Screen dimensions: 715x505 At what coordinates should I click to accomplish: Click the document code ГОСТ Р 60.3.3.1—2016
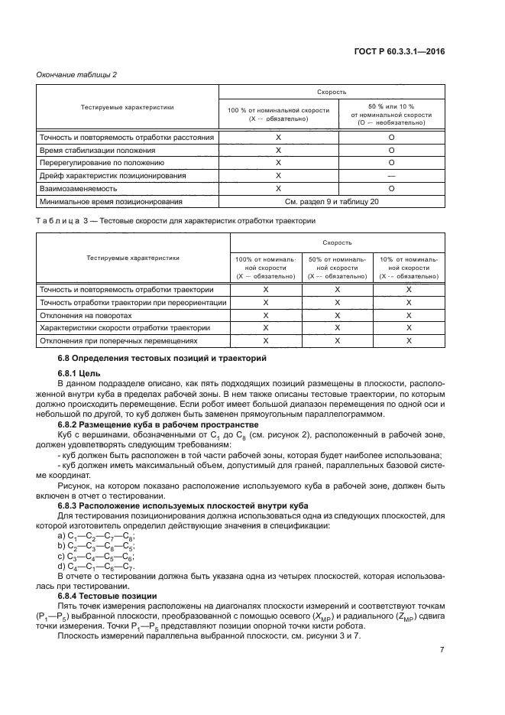click(x=409, y=51)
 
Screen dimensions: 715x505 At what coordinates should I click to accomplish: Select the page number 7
click(x=442, y=649)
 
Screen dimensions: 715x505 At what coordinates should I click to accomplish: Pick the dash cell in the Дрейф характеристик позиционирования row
click(x=390, y=176)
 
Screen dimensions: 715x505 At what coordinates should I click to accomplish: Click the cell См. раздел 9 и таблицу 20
click(x=334, y=202)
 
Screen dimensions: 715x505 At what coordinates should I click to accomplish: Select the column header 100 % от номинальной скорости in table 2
click(x=278, y=115)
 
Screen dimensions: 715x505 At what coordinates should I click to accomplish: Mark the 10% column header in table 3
click(x=408, y=268)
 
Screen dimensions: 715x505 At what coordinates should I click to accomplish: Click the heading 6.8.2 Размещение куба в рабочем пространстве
click(x=159, y=424)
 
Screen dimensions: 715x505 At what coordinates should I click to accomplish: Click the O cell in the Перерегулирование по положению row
click(x=390, y=163)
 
